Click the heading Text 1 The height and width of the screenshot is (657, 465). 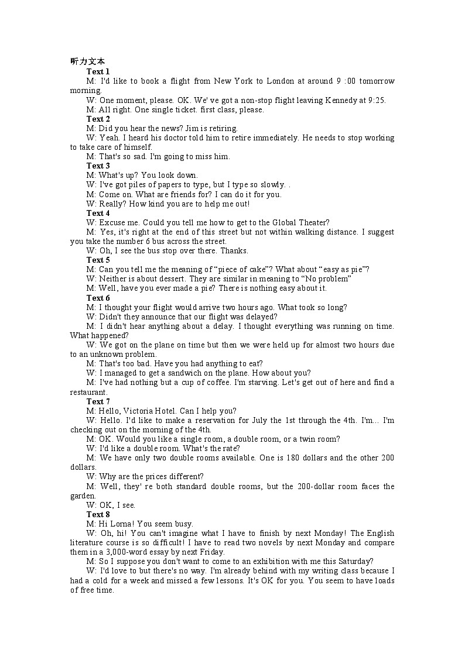[98, 71]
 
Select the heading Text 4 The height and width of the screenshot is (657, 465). [98, 213]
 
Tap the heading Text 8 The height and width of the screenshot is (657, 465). [98, 514]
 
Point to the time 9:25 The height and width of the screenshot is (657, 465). [376, 100]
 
